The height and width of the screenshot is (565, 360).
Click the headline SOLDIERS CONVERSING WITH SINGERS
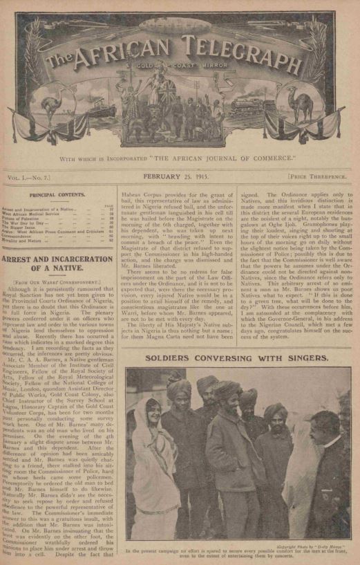[238, 360]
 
